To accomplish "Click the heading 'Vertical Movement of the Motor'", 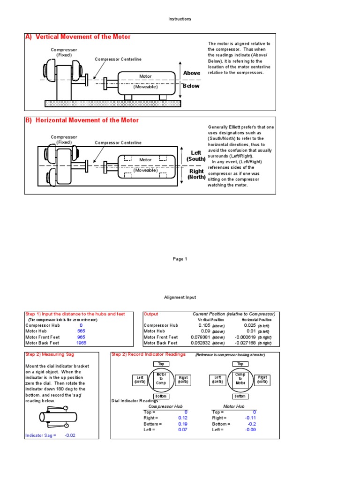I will point(83,37).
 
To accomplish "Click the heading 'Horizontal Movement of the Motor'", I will point(87,120).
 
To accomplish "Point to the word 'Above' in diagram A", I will point(191,73).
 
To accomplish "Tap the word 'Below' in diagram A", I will point(191,86).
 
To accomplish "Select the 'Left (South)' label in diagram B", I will point(196,156).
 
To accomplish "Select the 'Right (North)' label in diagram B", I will point(196,174).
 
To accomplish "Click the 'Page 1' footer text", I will point(180,259).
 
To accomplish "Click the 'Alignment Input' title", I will point(180,297).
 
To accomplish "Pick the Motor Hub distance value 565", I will point(81,331).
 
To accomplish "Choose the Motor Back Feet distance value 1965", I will point(81,343).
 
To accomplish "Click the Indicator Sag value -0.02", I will point(70,435).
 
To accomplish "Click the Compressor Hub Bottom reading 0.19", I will point(183,424).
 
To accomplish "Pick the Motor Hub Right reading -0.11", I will point(251,418).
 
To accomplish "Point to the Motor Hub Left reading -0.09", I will point(251,429).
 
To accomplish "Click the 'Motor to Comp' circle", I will point(161,379).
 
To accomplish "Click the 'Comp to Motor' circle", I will point(240,379).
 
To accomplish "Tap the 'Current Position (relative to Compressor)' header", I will point(233,314).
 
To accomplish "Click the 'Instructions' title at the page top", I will point(180,19).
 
